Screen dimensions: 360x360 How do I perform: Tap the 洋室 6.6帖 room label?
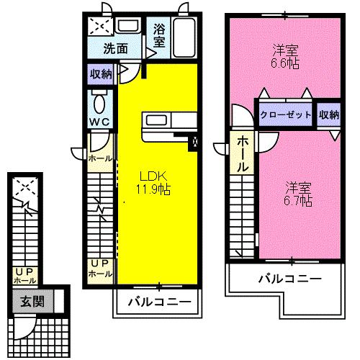coord(286,56)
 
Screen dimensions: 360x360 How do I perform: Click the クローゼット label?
coord(286,114)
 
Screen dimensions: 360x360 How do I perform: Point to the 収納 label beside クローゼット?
coord(329,114)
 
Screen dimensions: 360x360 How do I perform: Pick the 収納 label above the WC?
coord(101,74)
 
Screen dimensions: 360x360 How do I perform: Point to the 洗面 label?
coord(117,50)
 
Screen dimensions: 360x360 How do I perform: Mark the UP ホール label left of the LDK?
coord(99,269)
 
